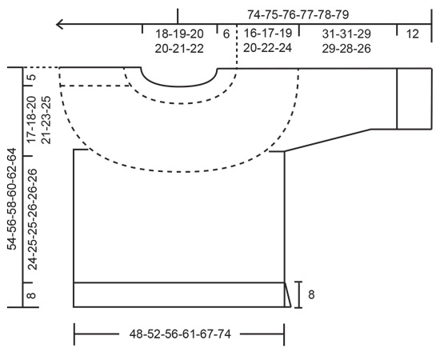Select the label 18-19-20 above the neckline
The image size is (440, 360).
tap(180, 34)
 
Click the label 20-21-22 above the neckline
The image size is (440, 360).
tap(180, 48)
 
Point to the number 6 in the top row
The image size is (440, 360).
tap(226, 34)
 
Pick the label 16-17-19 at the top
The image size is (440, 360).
tap(268, 34)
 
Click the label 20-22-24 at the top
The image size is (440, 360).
tap(268, 48)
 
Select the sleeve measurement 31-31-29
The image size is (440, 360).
tap(347, 34)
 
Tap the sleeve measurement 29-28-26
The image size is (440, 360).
tap(347, 48)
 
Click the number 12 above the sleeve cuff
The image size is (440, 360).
tap(412, 34)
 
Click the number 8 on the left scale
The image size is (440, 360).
tap(31, 295)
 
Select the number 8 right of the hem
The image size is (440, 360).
tap(310, 294)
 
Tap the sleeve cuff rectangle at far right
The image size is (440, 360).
tap(414, 98)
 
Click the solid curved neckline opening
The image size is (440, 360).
tap(179, 82)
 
